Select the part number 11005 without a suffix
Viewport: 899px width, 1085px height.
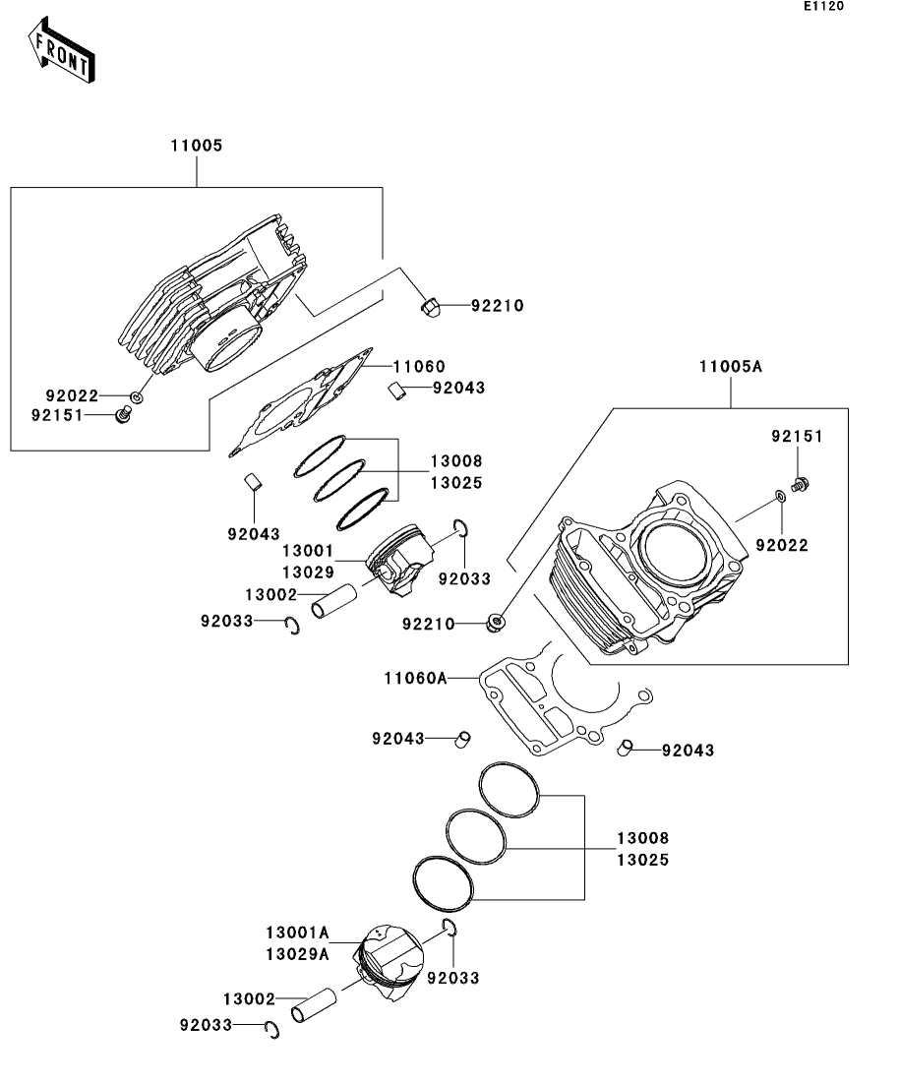click(x=197, y=146)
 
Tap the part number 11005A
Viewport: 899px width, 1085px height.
click(x=731, y=367)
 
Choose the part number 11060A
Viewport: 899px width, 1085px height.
click(x=415, y=678)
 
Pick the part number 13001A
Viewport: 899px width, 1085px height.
click(x=296, y=932)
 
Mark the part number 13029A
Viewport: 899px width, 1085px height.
click(x=296, y=951)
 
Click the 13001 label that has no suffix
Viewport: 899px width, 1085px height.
click(x=308, y=552)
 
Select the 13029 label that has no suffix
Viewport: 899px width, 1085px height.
click(x=308, y=571)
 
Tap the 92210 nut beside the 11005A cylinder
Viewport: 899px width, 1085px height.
click(x=497, y=621)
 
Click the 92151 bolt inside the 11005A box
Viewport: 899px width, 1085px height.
click(x=800, y=483)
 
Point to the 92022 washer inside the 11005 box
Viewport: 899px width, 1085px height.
click(x=138, y=397)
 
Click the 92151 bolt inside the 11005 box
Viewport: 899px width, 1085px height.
click(x=124, y=417)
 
